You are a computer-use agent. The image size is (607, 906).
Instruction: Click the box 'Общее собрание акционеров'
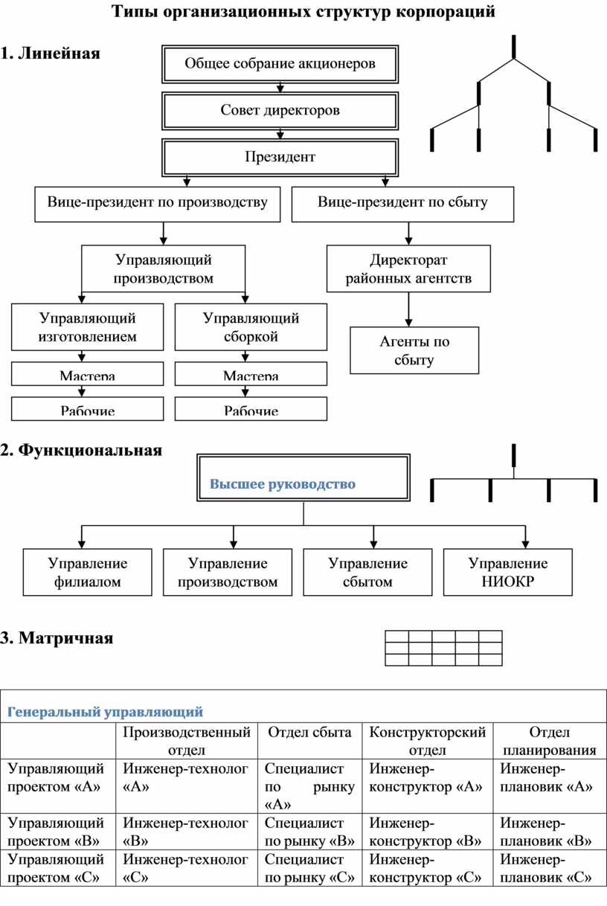[x=280, y=64]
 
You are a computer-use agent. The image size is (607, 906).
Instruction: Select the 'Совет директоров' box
[x=280, y=111]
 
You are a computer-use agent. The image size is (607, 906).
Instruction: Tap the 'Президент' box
[x=280, y=157]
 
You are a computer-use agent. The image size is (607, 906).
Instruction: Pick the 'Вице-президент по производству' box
[x=158, y=203]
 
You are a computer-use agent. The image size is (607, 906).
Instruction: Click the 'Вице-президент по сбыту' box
[x=402, y=203]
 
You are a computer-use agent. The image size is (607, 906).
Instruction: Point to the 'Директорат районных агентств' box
[x=408, y=269]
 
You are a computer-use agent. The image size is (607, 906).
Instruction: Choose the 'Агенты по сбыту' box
[x=414, y=351]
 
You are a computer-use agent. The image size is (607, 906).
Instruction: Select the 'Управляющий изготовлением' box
[x=87, y=327]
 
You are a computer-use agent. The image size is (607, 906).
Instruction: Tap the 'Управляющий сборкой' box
[x=251, y=327]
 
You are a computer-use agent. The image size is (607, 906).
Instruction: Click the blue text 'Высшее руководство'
[x=283, y=484]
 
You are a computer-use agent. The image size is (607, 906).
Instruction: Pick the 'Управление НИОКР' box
[x=508, y=572]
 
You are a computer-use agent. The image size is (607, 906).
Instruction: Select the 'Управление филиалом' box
[x=87, y=572]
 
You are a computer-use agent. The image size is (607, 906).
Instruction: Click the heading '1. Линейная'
[x=51, y=54]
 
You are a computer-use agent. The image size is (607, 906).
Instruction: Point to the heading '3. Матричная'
[x=57, y=638]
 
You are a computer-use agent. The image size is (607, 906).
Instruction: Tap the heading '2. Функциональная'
[x=82, y=450]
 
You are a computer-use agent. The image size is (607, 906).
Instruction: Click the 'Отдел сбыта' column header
[x=309, y=733]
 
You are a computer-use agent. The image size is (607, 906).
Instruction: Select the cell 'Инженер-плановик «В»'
[x=546, y=832]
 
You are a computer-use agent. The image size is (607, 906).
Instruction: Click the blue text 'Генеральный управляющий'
[x=105, y=712]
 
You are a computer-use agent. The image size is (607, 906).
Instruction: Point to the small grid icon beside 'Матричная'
[x=444, y=647]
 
